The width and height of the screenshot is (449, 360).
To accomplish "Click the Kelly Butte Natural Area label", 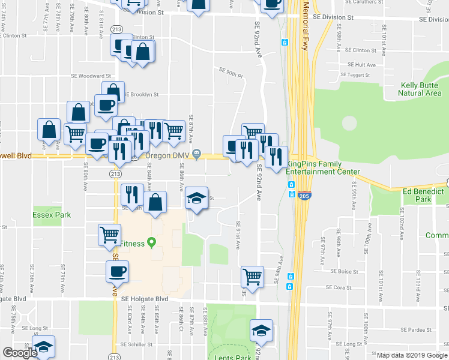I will click(420, 89).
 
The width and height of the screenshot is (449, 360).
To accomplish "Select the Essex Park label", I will click(52, 214).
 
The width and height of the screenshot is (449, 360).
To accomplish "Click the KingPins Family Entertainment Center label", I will click(323, 167).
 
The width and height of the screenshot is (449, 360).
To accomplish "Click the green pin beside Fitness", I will click(152, 243).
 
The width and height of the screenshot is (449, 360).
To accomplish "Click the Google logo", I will click(20, 353).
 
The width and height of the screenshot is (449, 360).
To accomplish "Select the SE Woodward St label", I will click(91, 76).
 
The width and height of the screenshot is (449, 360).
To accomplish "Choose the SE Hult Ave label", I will click(361, 65).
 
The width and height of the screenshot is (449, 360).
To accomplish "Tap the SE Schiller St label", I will click(137, 344).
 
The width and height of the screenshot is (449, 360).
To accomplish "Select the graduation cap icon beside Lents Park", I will click(261, 331).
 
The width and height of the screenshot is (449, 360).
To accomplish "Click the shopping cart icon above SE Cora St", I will click(253, 277).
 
